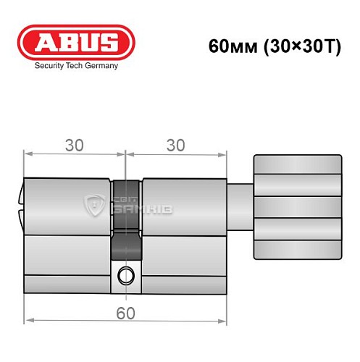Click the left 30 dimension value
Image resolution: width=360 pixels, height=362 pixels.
coord(74,145)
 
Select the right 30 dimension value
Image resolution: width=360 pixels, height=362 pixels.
coord(174,145)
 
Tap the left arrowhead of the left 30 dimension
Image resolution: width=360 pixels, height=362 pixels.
coord(28,153)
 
